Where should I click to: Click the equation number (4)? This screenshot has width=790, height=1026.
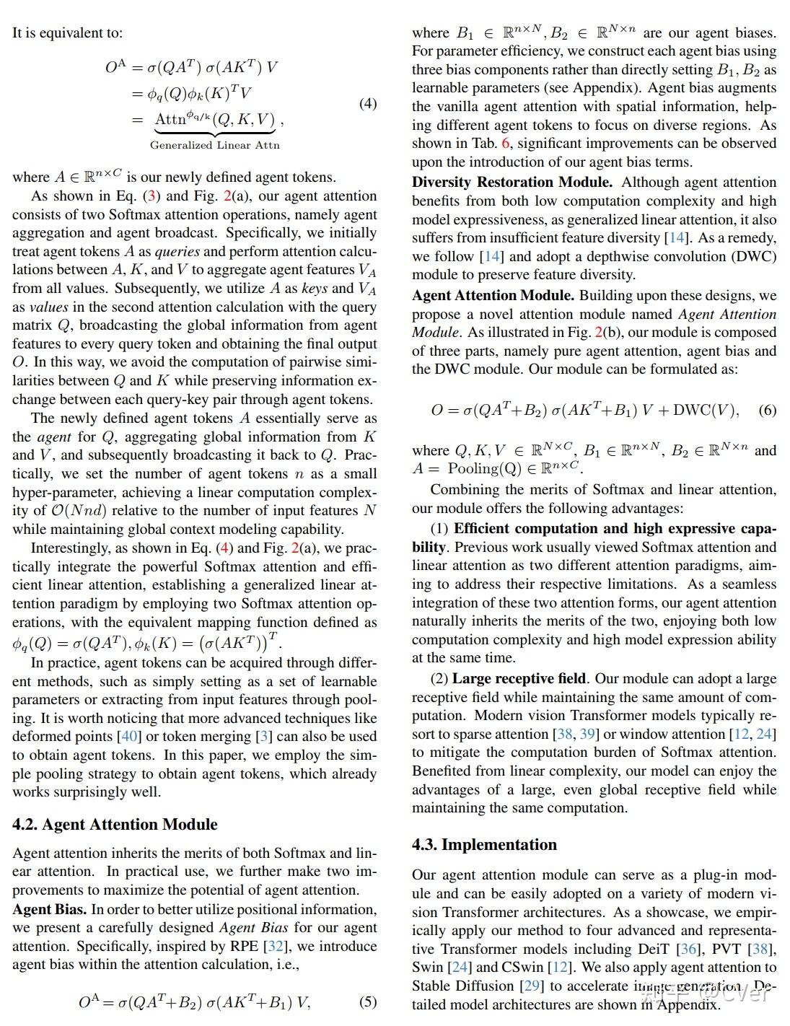pyautogui.click(x=367, y=103)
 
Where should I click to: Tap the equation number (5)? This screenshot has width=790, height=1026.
pyautogui.click(x=367, y=1001)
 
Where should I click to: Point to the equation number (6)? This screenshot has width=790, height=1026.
pyautogui.click(x=767, y=410)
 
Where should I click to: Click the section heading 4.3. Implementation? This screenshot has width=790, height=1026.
pyautogui.click(x=484, y=844)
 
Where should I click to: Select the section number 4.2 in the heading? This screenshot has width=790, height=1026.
pyautogui.click(x=25, y=824)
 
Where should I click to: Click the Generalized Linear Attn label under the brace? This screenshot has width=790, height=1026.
pyautogui.click(x=214, y=145)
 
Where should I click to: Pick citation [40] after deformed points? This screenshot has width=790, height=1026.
pyautogui.click(x=129, y=737)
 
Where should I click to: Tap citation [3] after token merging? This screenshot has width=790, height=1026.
pyautogui.click(x=265, y=737)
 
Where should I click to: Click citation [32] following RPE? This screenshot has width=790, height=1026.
pyautogui.click(x=274, y=946)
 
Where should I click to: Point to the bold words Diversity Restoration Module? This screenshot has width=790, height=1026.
pyautogui.click(x=512, y=182)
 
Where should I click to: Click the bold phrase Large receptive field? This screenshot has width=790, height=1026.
pyautogui.click(x=519, y=678)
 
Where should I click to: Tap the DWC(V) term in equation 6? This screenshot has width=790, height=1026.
pyautogui.click(x=706, y=410)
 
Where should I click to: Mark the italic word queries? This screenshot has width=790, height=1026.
pyautogui.click(x=177, y=251)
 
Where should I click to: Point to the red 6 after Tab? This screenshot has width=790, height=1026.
pyautogui.click(x=505, y=144)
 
